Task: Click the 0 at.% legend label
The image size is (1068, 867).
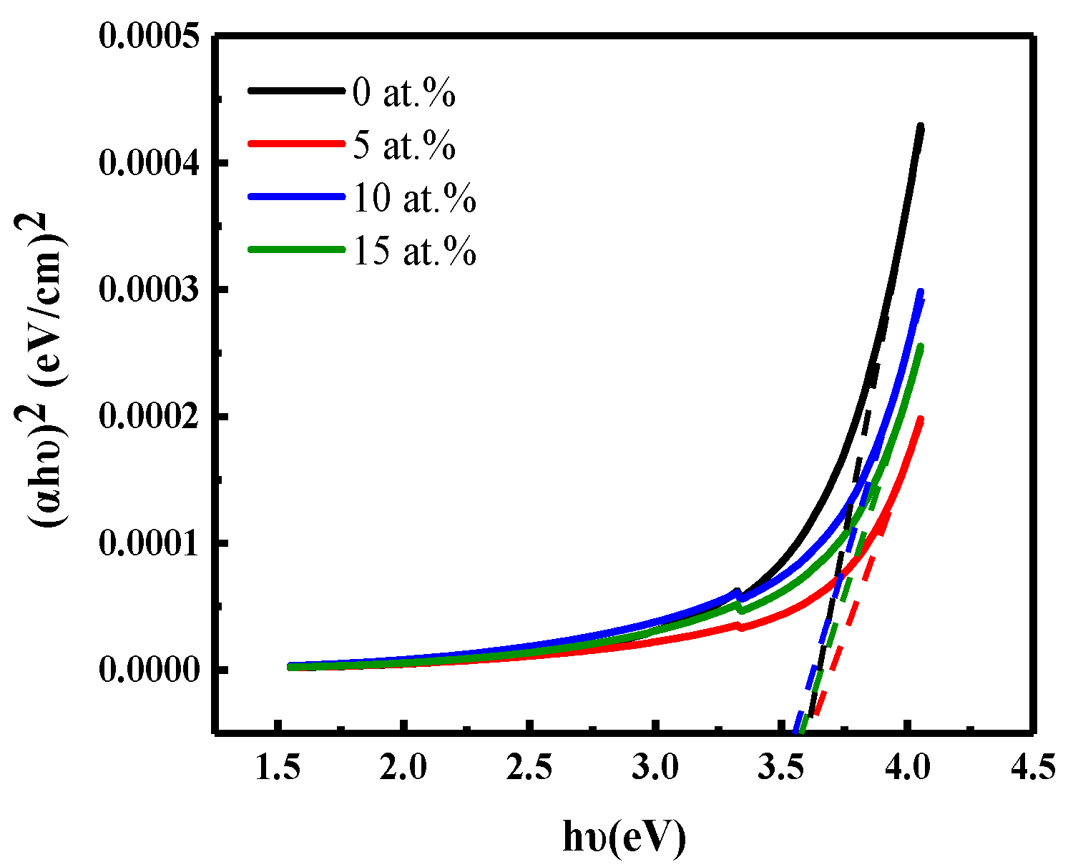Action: point(403,94)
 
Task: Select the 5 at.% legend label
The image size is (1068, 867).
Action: point(403,146)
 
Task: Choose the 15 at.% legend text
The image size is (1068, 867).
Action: point(414,251)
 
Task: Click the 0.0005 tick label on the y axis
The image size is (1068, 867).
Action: point(150,37)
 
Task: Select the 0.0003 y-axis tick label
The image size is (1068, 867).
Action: point(150,290)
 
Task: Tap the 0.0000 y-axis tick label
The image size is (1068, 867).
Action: point(150,670)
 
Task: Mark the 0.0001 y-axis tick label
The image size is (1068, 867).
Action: point(150,544)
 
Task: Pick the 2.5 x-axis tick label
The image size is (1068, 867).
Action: point(529,768)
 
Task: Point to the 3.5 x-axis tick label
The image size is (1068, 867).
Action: point(782,768)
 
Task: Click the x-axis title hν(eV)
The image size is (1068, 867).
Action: point(624,836)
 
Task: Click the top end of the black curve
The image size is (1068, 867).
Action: point(920,127)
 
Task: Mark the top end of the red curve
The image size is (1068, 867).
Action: point(920,420)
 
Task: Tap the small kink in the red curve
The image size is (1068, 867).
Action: point(740,626)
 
